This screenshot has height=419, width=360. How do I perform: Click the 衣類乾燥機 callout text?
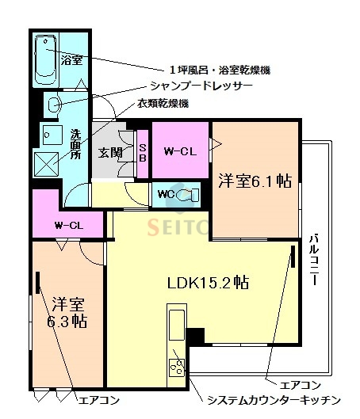point(163,104)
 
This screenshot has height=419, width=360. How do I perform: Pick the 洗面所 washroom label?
point(75,145)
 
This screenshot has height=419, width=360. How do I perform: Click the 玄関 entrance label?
point(109,153)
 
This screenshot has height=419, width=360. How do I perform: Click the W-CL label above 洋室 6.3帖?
point(69,225)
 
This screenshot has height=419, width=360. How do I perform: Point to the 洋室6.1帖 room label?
point(255,181)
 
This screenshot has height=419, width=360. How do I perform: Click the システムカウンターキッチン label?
point(274,400)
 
